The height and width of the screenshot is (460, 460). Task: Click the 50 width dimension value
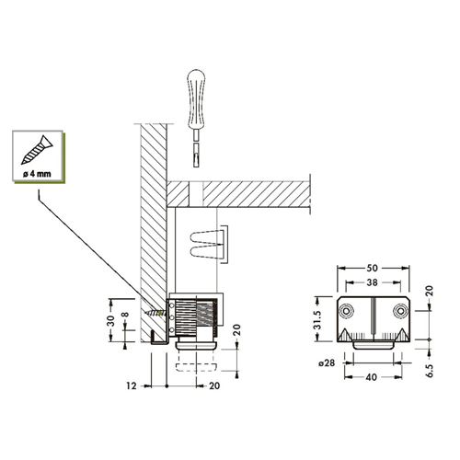372,268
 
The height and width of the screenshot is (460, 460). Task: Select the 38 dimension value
372,282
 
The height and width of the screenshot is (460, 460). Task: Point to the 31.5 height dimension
317,320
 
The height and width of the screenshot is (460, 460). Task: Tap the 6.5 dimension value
431,371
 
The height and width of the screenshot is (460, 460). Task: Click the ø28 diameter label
327,363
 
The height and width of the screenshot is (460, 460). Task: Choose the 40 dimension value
372,377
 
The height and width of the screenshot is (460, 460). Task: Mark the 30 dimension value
111,320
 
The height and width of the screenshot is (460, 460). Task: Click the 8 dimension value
125,316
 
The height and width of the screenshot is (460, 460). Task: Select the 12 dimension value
132,385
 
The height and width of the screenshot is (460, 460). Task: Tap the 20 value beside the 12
214,385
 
